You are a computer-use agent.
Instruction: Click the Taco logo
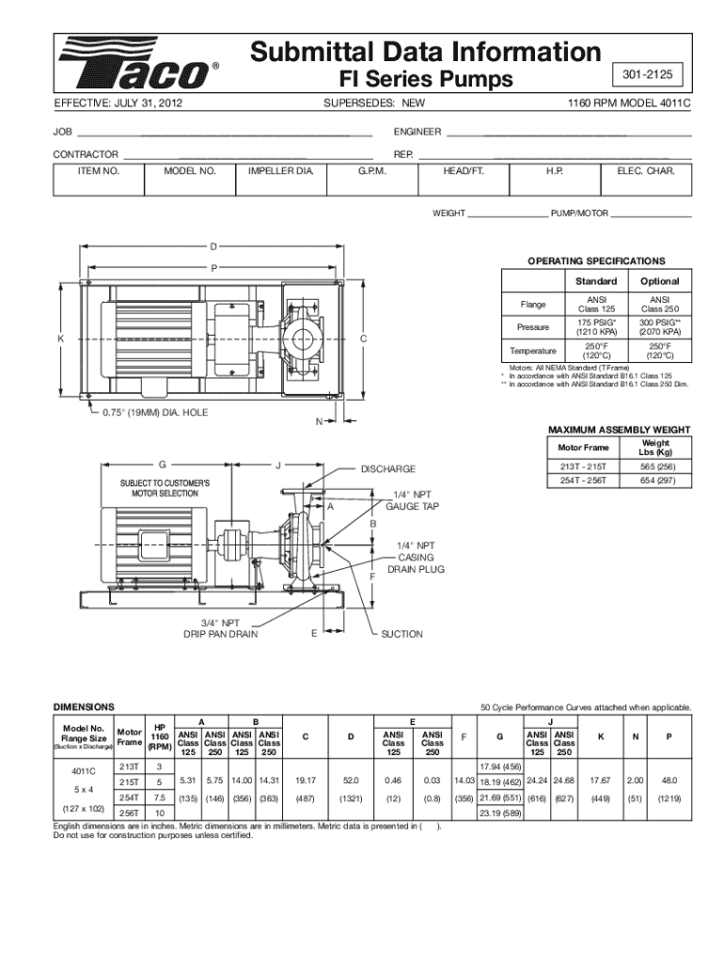tap(138, 64)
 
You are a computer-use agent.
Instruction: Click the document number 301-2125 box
tap(647, 75)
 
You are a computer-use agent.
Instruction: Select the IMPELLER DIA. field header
tap(280, 171)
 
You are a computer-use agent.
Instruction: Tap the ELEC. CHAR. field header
tap(646, 171)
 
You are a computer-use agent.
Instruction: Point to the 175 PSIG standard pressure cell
tap(596, 326)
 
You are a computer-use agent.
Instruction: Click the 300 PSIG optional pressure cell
tap(659, 326)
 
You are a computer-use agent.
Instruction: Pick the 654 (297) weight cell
tap(655, 481)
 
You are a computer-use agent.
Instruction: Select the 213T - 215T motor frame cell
tap(583, 466)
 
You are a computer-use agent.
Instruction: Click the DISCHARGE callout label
tap(388, 469)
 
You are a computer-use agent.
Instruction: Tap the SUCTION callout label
tap(401, 635)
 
